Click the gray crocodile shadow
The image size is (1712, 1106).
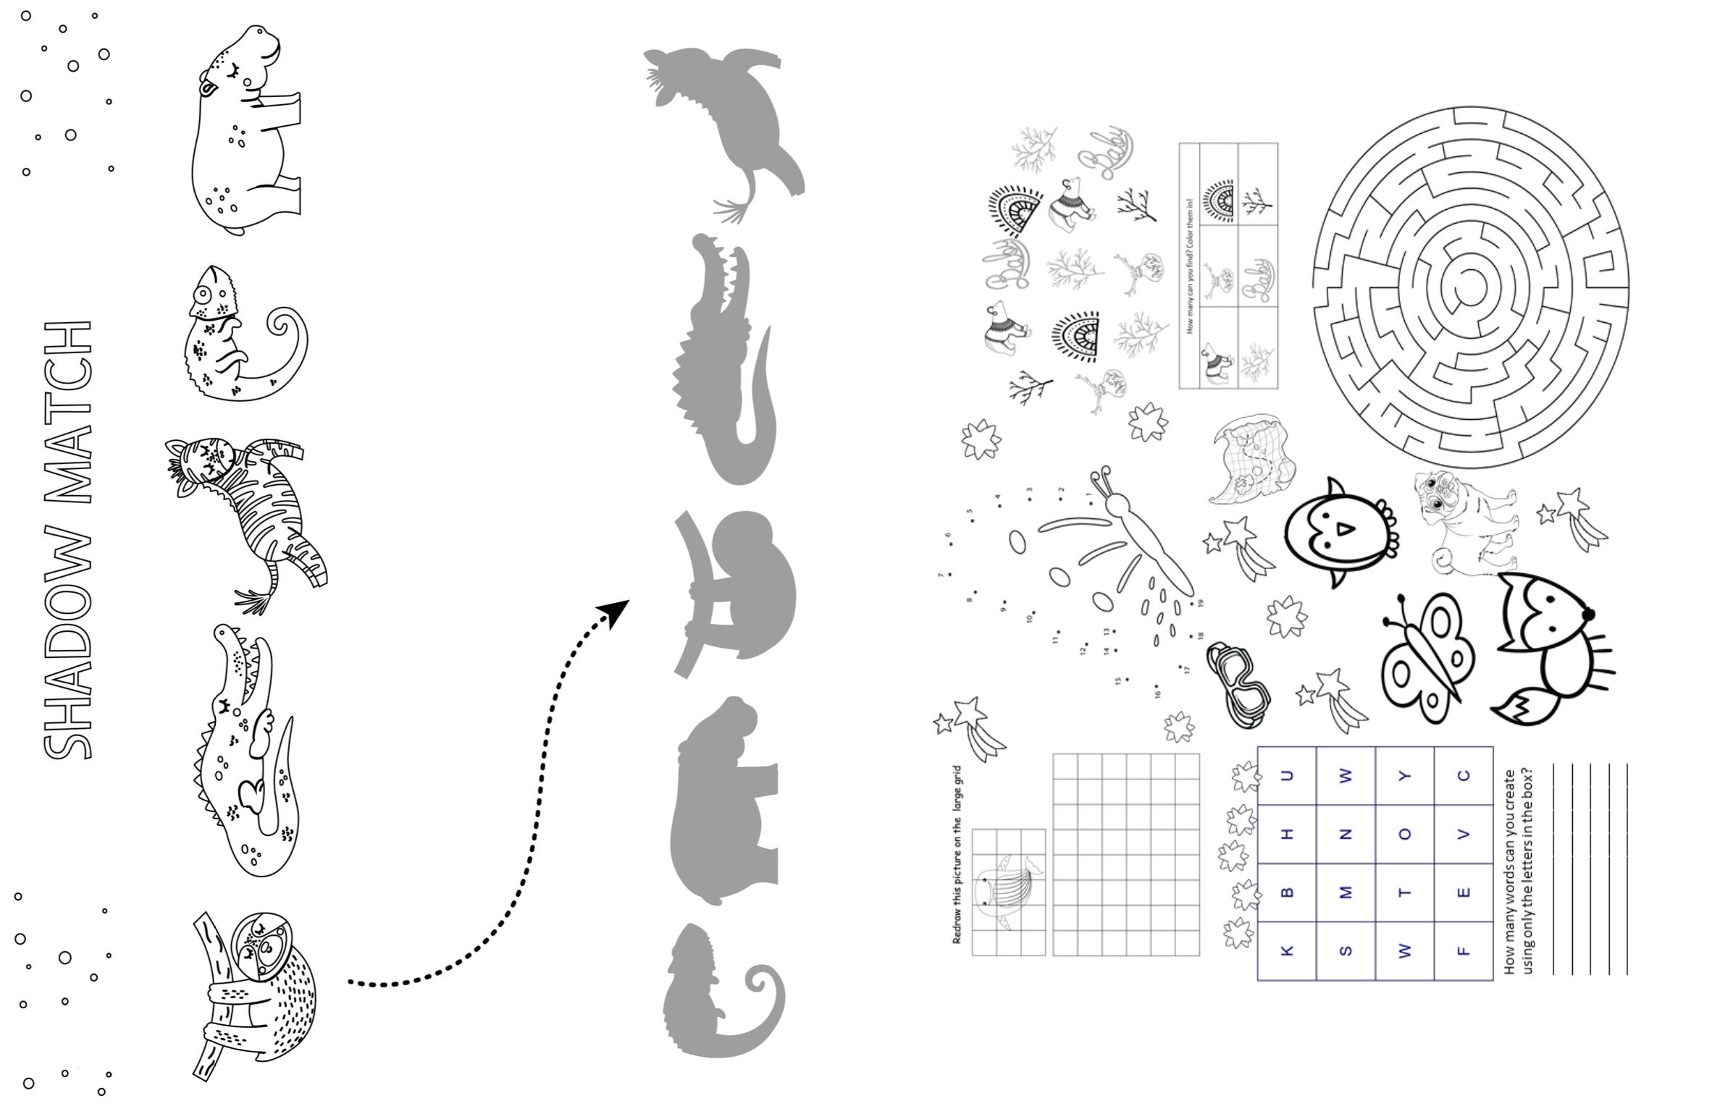[724, 362]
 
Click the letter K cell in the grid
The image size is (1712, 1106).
[1287, 950]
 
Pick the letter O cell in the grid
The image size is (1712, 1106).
[1405, 834]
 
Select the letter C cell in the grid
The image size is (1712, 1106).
[1464, 775]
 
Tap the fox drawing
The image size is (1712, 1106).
[1550, 644]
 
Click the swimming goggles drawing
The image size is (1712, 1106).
[1238, 684]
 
